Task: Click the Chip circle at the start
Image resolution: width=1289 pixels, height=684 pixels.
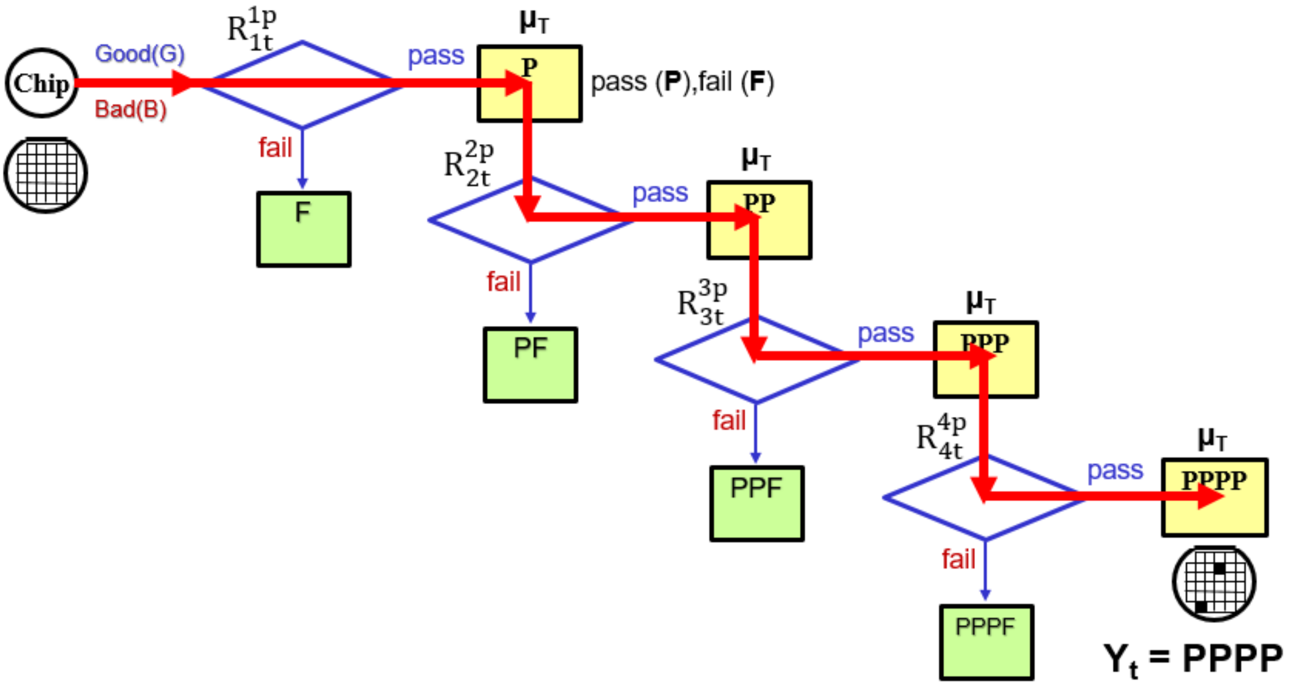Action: pos(42,83)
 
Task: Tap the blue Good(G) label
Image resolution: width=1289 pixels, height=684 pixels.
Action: pos(140,54)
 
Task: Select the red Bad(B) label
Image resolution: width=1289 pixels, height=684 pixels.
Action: pos(131,109)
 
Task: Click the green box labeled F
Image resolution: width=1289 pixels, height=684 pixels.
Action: pos(304,229)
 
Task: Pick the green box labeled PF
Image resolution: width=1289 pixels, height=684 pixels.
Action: pos(530,365)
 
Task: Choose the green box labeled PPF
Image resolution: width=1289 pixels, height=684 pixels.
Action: pos(757,504)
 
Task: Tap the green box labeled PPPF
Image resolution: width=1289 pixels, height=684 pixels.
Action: pos(986,642)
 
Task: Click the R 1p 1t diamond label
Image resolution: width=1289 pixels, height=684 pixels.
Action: pos(252,29)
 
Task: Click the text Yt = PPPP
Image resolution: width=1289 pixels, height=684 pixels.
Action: pos(1193,659)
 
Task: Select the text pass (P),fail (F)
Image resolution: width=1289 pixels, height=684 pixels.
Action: pos(682,82)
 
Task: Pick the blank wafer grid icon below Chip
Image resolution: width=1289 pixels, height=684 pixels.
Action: pos(46,174)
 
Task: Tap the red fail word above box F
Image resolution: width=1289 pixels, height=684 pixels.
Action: pos(275,148)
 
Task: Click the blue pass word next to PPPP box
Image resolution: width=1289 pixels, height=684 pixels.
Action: pos(1115,470)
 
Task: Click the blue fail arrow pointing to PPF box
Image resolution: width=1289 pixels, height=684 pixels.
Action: pos(756,433)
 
